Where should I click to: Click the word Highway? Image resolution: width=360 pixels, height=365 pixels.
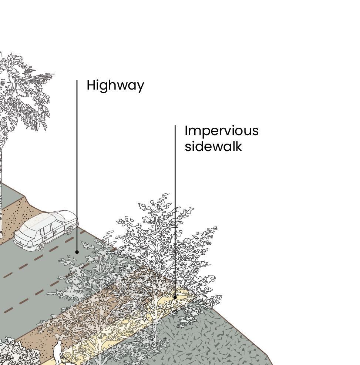point(115,86)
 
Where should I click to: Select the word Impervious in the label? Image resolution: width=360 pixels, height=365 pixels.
point(221,131)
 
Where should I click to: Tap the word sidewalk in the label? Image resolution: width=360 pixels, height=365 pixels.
point(213,146)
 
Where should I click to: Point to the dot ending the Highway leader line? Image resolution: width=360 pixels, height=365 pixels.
point(77,252)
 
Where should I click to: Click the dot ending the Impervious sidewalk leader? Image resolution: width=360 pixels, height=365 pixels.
point(175,297)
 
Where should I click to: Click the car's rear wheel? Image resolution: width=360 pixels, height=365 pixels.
point(40,246)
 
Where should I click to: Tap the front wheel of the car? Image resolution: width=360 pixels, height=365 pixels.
point(69,230)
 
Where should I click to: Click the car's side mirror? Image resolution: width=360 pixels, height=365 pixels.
point(64,224)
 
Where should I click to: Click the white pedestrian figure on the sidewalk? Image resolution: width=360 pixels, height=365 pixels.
point(58,352)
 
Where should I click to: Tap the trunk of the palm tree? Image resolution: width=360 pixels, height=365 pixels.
point(1,185)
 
